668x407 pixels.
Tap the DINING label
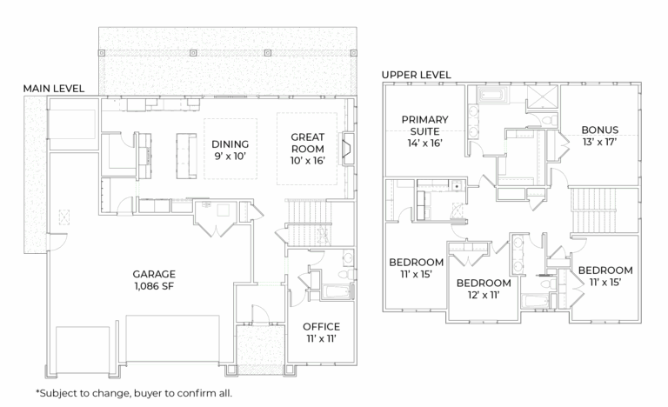230,144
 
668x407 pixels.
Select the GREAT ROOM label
308,143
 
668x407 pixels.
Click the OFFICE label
321,327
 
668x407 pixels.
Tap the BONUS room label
600,130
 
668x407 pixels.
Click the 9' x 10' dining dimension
230,157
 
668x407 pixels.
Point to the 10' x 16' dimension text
308,160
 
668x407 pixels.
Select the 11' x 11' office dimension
321,339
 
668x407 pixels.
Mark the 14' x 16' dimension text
424,143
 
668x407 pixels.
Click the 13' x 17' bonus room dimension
600,143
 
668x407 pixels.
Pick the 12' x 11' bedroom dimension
484,295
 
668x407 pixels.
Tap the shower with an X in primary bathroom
544,96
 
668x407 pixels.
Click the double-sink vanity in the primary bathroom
471,122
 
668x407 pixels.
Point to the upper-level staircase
592,211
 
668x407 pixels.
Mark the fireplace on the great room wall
350,148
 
